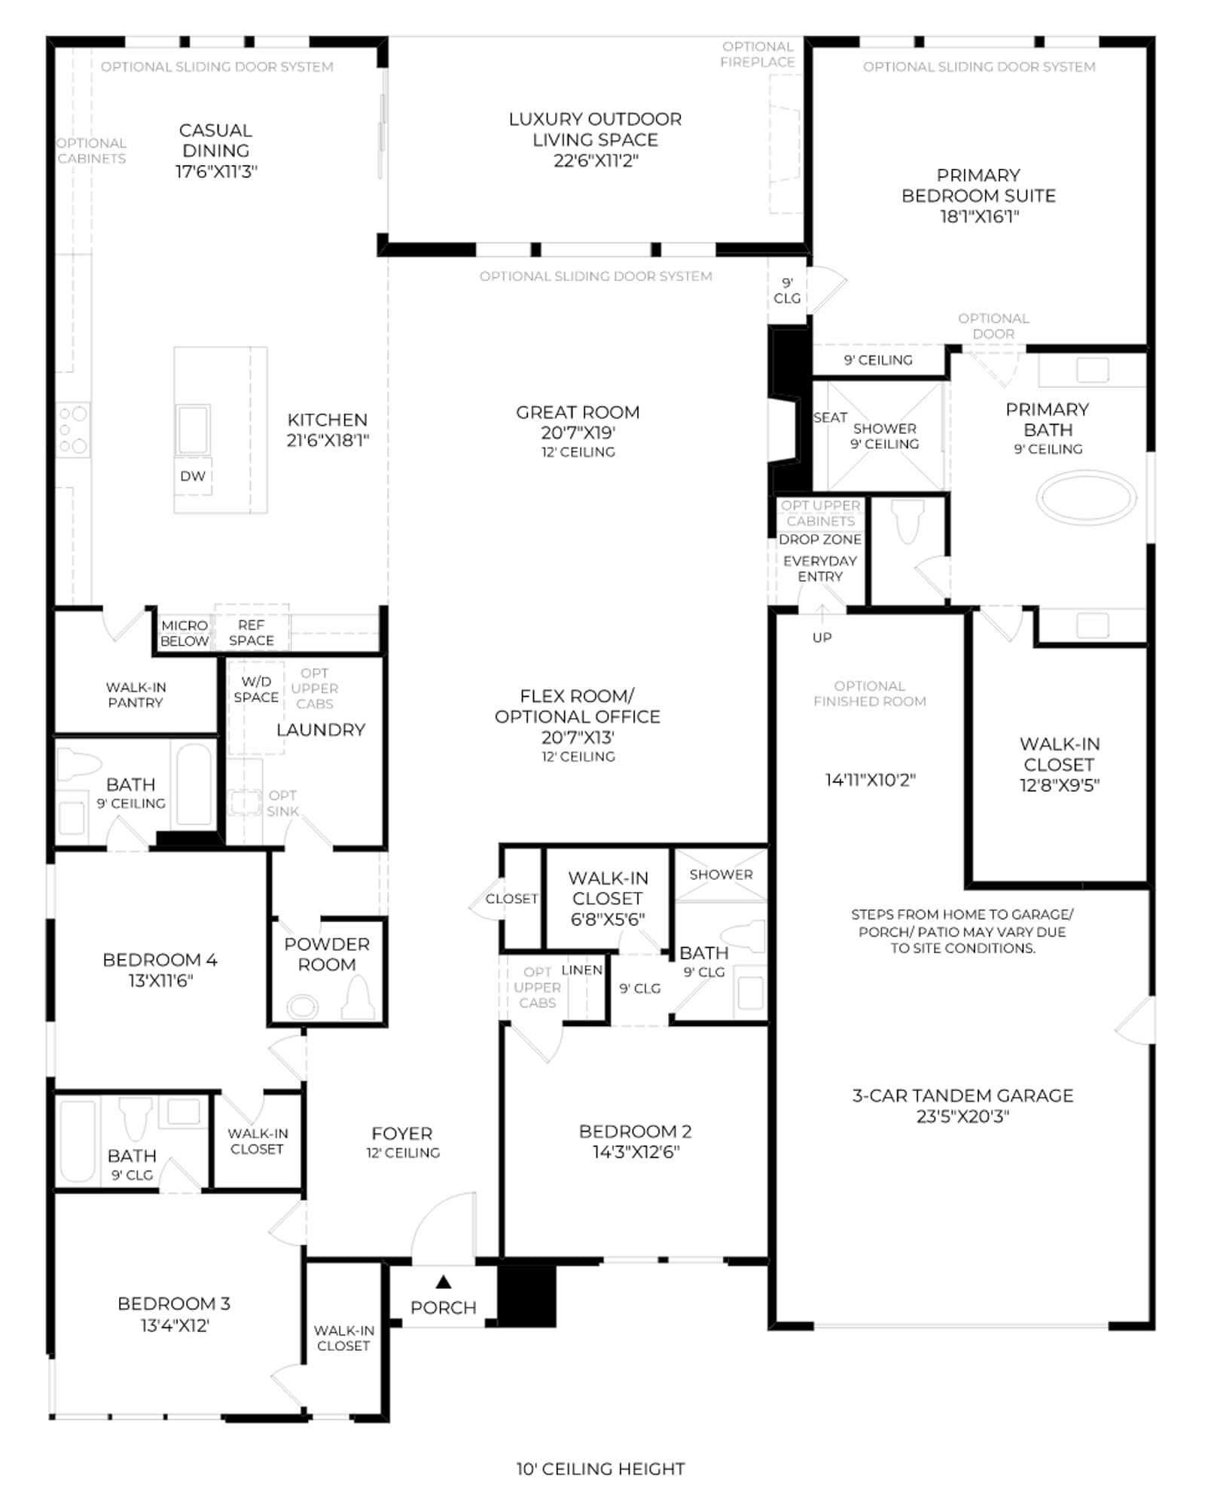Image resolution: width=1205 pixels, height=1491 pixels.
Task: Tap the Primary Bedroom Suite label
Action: click(978, 185)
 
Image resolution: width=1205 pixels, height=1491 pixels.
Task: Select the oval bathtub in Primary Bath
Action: click(1086, 497)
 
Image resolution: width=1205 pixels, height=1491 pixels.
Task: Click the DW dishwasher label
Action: click(193, 476)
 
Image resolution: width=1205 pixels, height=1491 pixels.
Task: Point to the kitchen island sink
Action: click(193, 429)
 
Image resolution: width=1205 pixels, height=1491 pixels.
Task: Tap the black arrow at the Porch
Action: click(444, 1281)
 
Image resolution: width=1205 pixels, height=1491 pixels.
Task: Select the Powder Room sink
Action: click(302, 1007)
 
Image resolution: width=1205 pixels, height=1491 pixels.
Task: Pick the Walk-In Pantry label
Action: click(136, 695)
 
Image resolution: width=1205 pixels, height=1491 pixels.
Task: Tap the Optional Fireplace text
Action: click(758, 54)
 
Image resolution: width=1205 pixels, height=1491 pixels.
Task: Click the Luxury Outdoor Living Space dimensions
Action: click(596, 160)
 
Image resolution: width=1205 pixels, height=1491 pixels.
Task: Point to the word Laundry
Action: click(321, 729)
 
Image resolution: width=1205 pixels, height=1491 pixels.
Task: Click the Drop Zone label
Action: click(820, 539)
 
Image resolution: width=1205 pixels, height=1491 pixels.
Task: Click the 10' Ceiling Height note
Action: click(601, 1468)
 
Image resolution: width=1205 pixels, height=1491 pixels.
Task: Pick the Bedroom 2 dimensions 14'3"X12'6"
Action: click(636, 1152)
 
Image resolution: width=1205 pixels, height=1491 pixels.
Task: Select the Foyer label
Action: click(402, 1133)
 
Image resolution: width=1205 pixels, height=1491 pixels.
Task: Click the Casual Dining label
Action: click(216, 140)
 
